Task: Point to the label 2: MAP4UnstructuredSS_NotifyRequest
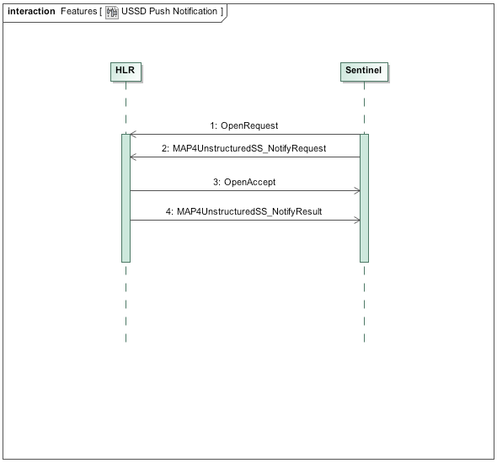pos(244,148)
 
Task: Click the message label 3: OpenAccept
pos(244,182)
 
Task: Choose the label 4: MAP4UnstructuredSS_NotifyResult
pos(244,211)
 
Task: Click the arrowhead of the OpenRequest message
pos(131,134)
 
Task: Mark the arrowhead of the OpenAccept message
pos(357,190)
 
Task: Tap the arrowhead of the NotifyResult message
pos(357,221)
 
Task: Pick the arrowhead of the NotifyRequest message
pos(131,157)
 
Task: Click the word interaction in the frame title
pos(31,12)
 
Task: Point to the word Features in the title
pos(78,12)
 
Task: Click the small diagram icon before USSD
pos(111,12)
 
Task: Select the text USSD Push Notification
pos(168,12)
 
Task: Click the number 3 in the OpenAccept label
pos(216,182)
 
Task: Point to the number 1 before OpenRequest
pos(211,125)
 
